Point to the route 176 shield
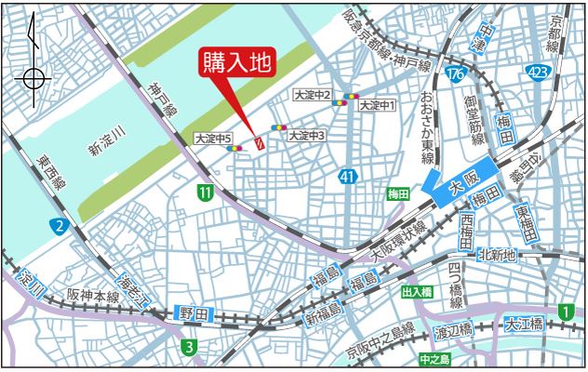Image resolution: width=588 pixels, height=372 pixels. pos(454,73)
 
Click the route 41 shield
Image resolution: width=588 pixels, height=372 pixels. pos(347,175)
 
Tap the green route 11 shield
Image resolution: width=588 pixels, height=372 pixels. pos(205,192)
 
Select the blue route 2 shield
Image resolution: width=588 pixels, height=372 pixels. pos(60,226)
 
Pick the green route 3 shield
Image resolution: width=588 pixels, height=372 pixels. pos(189,348)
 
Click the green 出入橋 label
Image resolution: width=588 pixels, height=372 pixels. pos(416,292)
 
